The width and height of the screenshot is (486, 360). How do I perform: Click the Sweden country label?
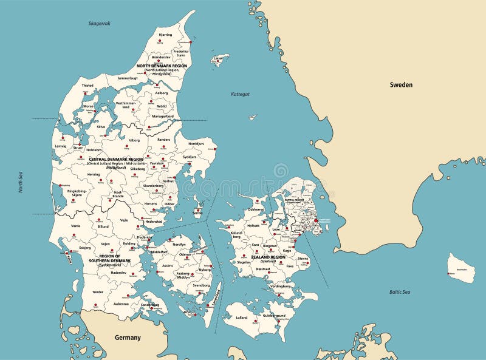click(x=401, y=85)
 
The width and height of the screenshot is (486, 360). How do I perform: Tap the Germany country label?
click(x=128, y=338)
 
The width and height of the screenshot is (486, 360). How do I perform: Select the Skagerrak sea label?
click(x=100, y=23)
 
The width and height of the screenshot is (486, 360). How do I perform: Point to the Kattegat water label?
click(x=240, y=94)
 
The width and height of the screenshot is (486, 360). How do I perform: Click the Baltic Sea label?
click(x=400, y=292)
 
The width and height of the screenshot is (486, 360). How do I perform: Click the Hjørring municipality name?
click(x=165, y=35)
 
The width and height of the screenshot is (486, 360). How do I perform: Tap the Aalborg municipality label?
click(x=161, y=93)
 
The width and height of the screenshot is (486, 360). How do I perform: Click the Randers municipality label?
click(x=164, y=140)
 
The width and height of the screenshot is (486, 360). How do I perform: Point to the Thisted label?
click(x=88, y=86)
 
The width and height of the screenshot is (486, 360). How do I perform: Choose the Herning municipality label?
click(x=94, y=174)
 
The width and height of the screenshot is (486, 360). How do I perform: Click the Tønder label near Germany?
click(x=98, y=291)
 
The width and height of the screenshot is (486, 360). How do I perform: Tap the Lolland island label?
click(x=241, y=317)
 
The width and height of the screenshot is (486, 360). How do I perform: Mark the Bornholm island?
click(x=462, y=268)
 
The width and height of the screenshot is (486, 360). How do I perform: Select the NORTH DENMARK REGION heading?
click(x=162, y=66)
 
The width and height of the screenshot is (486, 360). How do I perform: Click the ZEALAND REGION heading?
click(x=268, y=257)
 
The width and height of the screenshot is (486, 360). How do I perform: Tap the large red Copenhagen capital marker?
click(x=315, y=222)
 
